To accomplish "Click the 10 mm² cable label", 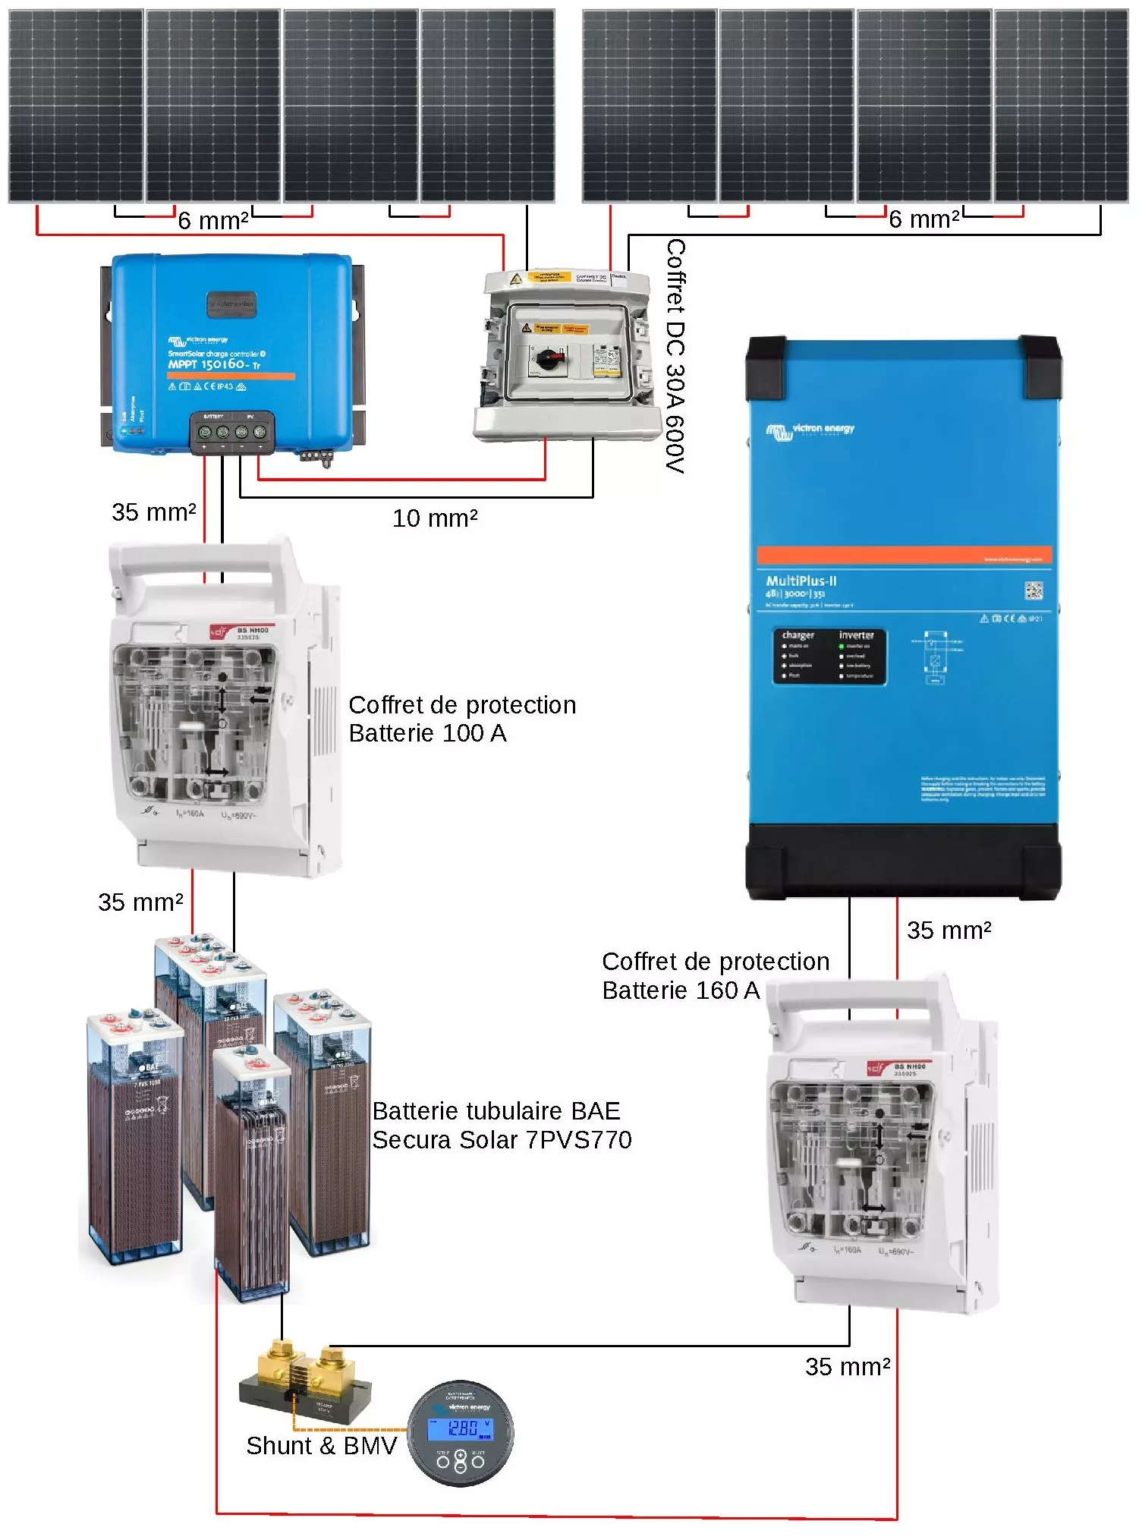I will click(435, 518).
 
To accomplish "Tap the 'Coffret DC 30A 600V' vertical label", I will click(675, 356).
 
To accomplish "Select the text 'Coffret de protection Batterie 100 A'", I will click(461, 719).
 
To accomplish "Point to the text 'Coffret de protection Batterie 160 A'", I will click(715, 975).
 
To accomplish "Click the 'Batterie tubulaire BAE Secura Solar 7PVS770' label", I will click(501, 1125).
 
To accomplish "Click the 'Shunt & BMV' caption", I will click(322, 1446).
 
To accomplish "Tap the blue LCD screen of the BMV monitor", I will click(460, 1428).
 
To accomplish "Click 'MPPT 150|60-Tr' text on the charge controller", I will click(214, 365).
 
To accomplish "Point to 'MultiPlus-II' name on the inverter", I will click(801, 581).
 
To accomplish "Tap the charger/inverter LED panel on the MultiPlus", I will click(829, 657).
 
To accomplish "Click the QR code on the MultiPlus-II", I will click(1034, 590).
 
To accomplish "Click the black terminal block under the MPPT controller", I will click(231, 433).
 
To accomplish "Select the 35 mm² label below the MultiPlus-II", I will click(949, 931).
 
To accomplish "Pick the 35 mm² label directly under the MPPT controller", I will click(154, 512).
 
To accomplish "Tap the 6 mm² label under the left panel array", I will click(213, 221).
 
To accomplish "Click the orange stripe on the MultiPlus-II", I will click(903, 555).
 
